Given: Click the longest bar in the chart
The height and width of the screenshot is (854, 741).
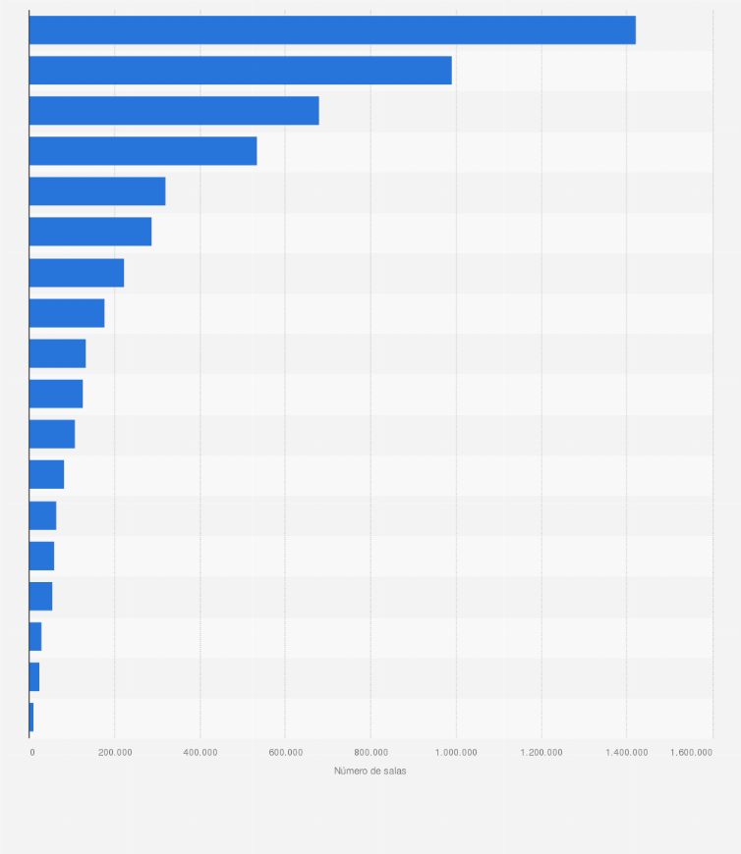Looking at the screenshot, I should [332, 30].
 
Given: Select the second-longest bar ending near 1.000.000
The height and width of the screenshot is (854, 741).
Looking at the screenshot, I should [240, 71].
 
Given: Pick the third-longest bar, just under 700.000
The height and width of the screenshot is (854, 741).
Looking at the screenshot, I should [174, 111].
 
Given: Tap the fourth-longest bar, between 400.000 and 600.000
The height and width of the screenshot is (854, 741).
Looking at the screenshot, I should [142, 151].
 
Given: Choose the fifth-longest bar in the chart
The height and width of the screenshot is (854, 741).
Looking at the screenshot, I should [97, 191].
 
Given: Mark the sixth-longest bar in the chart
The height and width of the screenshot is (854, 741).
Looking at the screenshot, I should [90, 232].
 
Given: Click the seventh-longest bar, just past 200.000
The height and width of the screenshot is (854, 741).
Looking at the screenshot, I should [77, 273].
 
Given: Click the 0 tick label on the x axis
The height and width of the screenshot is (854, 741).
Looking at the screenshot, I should [32, 753].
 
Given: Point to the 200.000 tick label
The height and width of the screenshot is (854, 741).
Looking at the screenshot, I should [115, 753].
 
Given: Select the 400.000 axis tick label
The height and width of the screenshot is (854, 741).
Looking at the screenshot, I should [200, 753].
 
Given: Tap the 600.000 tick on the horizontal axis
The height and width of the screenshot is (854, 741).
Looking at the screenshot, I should [285, 753].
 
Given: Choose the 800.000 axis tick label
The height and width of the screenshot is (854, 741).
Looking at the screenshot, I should [370, 753].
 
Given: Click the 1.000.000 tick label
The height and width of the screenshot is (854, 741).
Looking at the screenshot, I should [456, 753].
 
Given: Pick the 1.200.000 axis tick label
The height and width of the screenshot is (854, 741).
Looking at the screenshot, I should [541, 753].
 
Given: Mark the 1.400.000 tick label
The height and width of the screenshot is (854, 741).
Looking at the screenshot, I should [626, 753].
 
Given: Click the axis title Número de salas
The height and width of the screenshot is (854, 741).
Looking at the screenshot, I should [370, 772].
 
